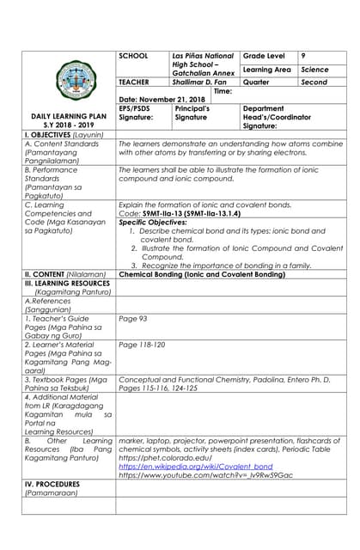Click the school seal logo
[68, 81]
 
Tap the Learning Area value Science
[314, 69]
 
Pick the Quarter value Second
[314, 82]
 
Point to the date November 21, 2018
[156, 100]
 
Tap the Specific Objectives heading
[151, 222]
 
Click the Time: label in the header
[223, 91]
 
